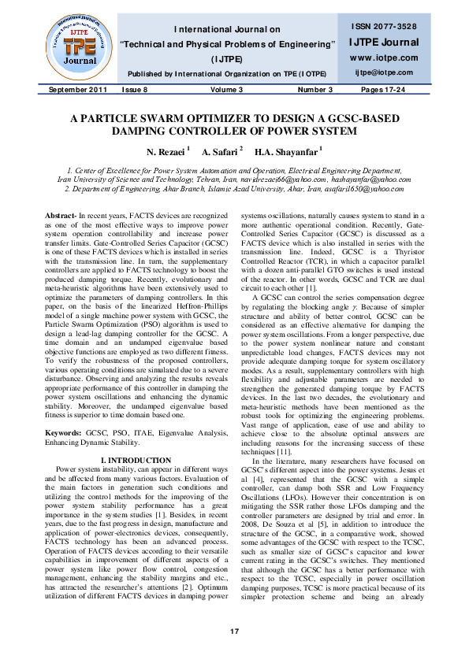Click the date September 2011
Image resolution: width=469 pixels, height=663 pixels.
click(x=75, y=90)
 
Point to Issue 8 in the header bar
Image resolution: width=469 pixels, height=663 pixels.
click(x=134, y=90)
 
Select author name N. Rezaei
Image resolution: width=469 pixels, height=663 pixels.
click(x=167, y=150)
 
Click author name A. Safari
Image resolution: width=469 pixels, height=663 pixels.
click(x=221, y=150)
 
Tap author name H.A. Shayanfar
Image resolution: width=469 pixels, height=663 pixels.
click(x=287, y=150)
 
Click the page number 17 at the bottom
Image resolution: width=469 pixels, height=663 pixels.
click(x=234, y=632)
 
